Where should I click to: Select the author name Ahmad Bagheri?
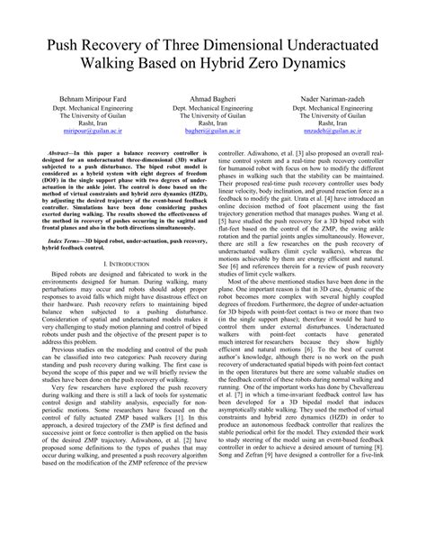(x=213, y=98)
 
